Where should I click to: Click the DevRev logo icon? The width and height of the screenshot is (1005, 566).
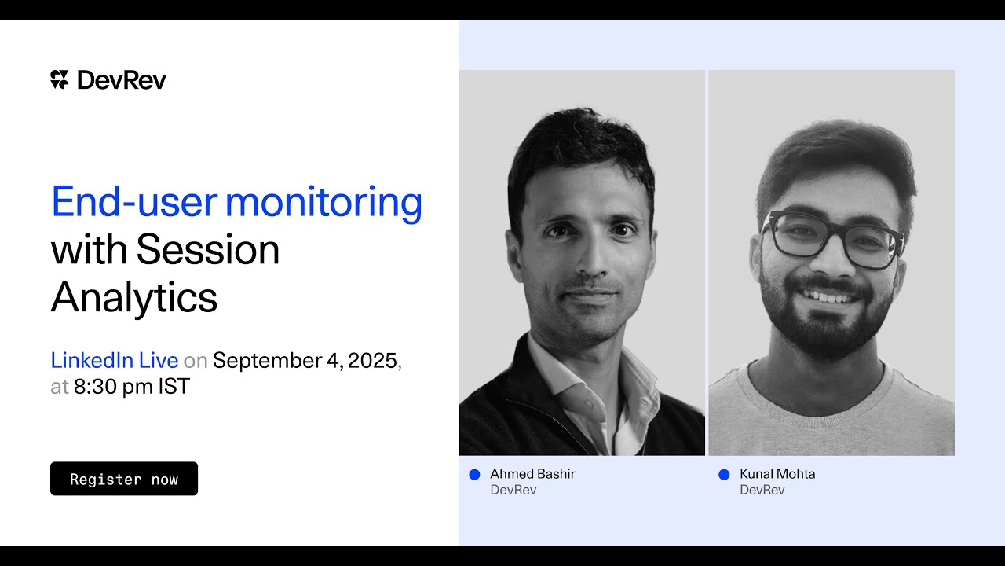click(x=60, y=79)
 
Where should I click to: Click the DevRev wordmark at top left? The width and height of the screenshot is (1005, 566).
click(x=122, y=79)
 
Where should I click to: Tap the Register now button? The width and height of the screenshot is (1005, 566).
click(x=124, y=479)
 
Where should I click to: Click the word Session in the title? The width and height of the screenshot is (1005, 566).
click(x=207, y=250)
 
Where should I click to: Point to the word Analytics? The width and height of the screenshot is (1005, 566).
click(x=134, y=298)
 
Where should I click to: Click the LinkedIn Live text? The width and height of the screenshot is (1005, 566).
click(x=115, y=361)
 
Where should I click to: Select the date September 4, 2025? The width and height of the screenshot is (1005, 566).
click(x=305, y=361)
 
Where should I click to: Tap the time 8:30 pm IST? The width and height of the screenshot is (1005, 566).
click(x=132, y=387)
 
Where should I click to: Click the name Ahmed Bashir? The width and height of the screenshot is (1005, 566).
click(x=532, y=474)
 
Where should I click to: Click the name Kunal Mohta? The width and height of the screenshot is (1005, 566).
click(x=777, y=474)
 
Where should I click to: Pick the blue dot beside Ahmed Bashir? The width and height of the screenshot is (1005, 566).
click(x=474, y=475)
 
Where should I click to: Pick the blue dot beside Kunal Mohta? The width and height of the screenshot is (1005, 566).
click(x=724, y=475)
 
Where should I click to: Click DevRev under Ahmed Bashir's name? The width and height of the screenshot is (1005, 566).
click(x=513, y=491)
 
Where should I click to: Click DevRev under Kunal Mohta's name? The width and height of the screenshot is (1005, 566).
click(x=762, y=491)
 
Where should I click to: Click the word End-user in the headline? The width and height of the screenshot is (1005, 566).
click(x=134, y=203)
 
